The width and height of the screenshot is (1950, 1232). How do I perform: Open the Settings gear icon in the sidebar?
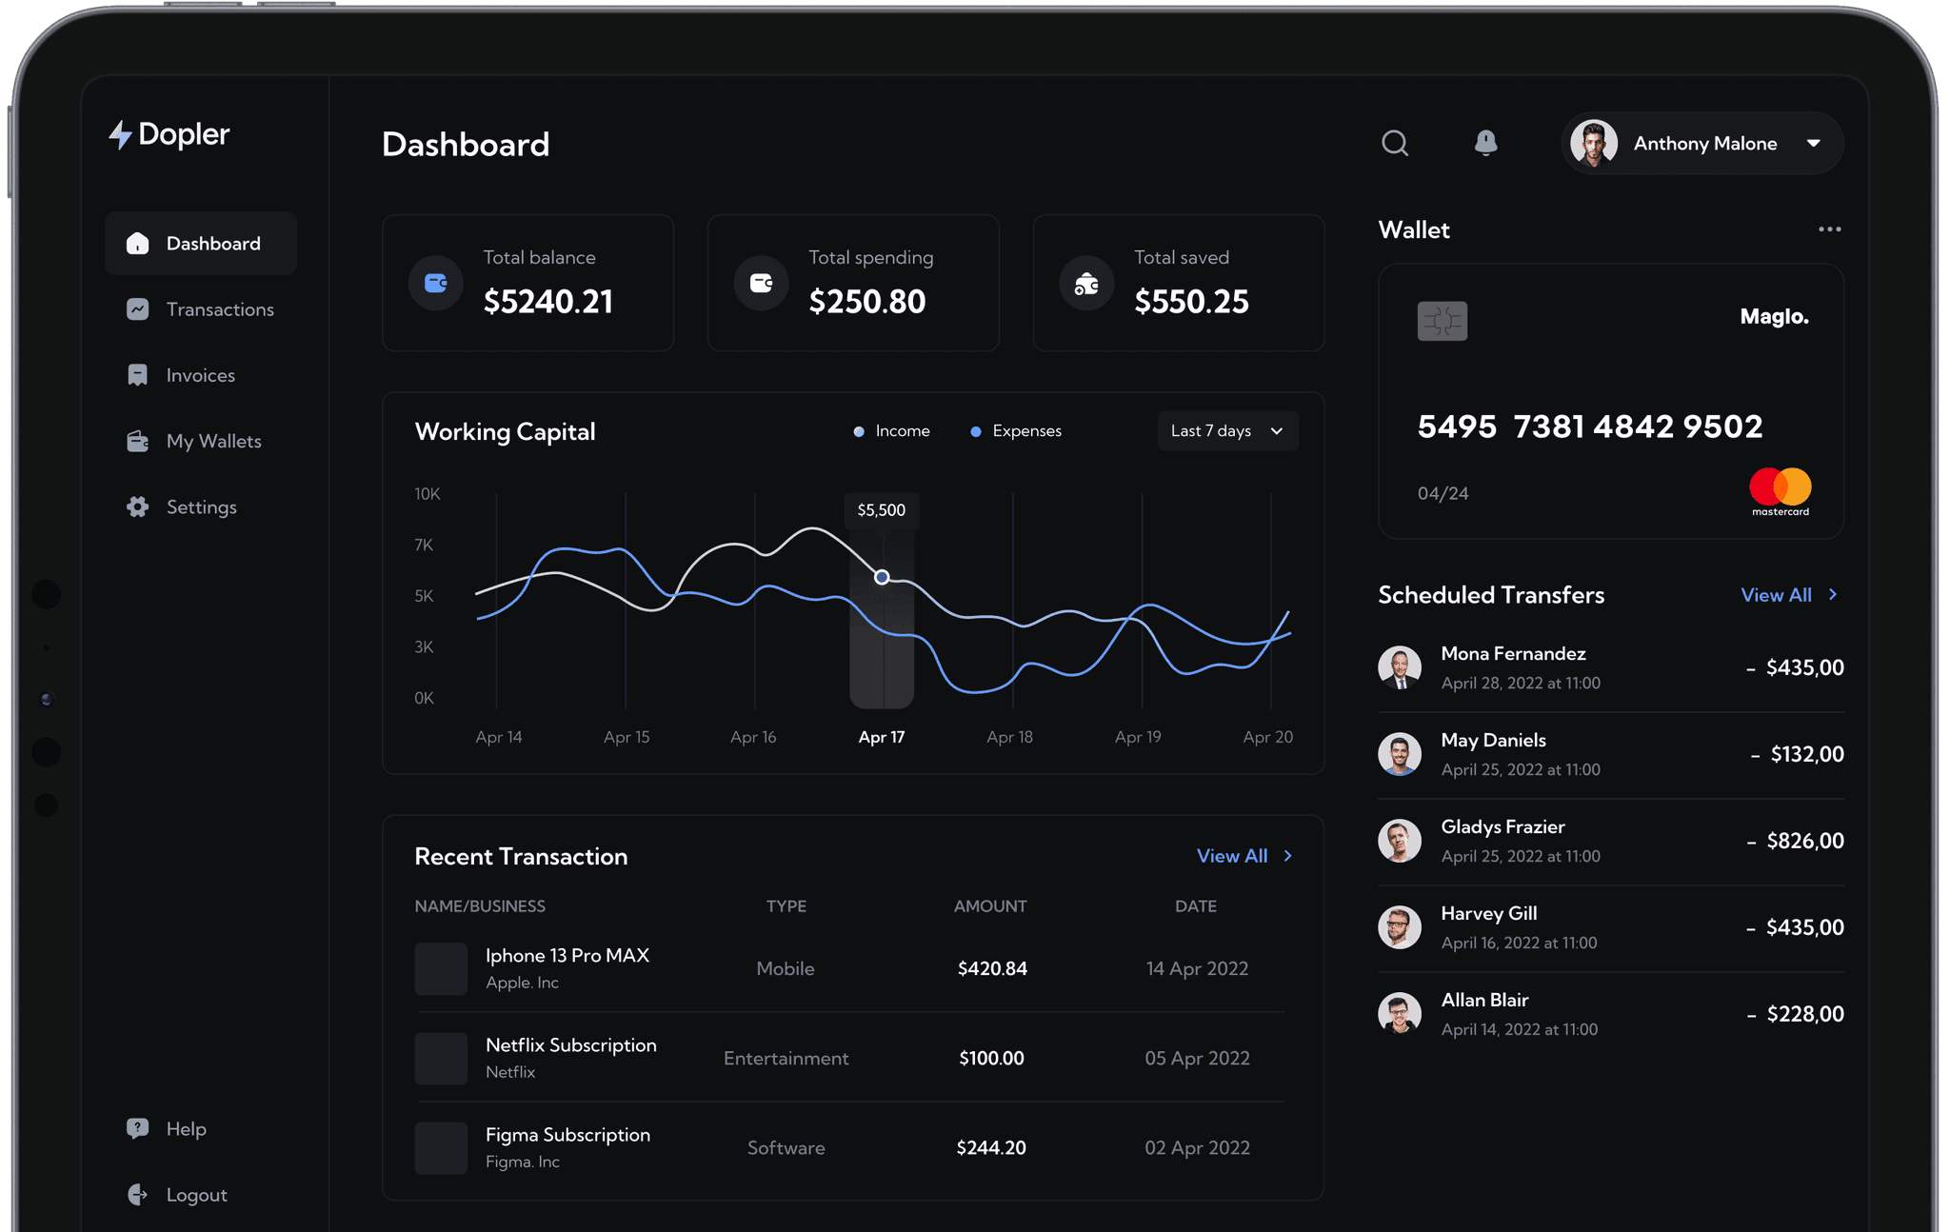pyautogui.click(x=138, y=507)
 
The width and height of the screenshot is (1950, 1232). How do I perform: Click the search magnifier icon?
pyautogui.click(x=1395, y=143)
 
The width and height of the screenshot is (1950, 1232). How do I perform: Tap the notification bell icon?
pyautogui.click(x=1485, y=143)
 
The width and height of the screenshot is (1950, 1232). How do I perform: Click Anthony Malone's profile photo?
pyautogui.click(x=1594, y=143)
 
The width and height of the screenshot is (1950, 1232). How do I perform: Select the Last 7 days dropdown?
pyautogui.click(x=1227, y=430)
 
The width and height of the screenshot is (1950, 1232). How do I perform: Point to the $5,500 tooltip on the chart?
pyautogui.click(x=882, y=510)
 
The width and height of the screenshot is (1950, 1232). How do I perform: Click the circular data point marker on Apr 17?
pyautogui.click(x=882, y=577)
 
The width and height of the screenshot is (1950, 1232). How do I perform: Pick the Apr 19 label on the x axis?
pyautogui.click(x=1138, y=737)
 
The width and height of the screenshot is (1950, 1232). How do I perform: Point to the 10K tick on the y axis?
pyautogui.click(x=428, y=494)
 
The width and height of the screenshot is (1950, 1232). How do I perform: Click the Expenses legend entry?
pyautogui.click(x=1016, y=431)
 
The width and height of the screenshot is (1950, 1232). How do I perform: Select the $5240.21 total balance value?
pyautogui.click(x=548, y=302)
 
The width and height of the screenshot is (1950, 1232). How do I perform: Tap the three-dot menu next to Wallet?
pyautogui.click(x=1829, y=229)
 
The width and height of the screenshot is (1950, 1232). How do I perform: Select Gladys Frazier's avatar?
pyautogui.click(x=1400, y=841)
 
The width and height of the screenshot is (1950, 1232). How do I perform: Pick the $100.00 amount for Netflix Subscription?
pyautogui.click(x=991, y=1059)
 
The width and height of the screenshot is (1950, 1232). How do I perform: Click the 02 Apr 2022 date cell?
pyautogui.click(x=1197, y=1148)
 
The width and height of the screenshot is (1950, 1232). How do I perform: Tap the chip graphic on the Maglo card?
pyautogui.click(x=1442, y=321)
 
